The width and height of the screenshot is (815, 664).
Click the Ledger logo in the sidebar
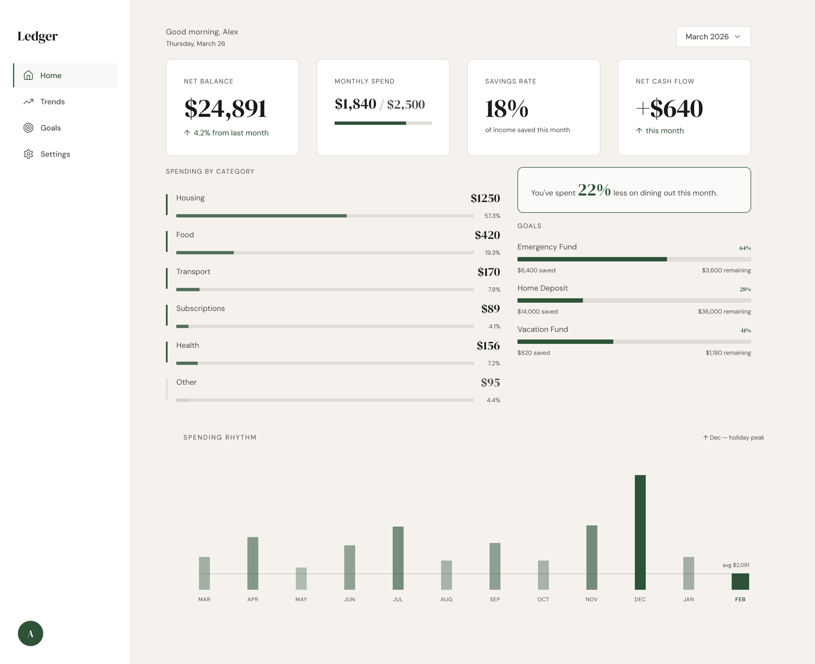[37, 36]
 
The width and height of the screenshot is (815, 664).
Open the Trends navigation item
[52, 102]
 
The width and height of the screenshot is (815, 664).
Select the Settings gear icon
[28, 154]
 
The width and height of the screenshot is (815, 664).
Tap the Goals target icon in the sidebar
[28, 128]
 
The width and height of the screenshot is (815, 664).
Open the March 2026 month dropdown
[713, 37]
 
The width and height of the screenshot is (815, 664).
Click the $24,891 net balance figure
[225, 109]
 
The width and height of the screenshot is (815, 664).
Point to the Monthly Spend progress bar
[383, 123]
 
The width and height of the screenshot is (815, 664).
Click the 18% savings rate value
[507, 109]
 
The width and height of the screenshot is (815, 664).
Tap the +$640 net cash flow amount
[669, 109]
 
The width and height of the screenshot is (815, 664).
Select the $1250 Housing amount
[485, 198]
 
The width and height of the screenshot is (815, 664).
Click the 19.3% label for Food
[492, 253]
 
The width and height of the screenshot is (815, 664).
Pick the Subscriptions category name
[200, 308]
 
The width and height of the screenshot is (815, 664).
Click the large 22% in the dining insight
[594, 190]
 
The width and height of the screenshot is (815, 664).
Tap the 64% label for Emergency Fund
[745, 248]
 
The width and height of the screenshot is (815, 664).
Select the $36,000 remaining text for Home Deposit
[724, 311]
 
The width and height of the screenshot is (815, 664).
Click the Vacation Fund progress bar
[634, 341]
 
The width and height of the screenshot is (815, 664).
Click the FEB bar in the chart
[740, 581]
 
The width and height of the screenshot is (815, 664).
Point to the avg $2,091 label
[735, 565]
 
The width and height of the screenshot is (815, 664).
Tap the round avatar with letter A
[31, 633]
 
